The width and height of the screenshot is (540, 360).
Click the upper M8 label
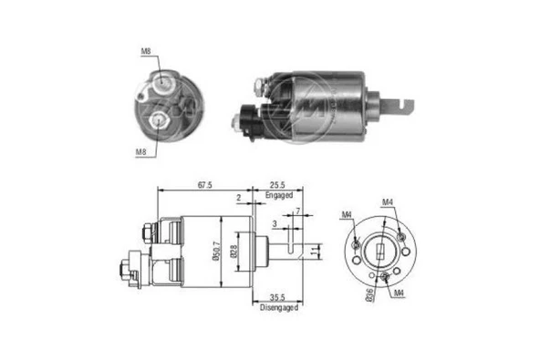coord(146,52)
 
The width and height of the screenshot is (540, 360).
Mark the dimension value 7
coord(298,211)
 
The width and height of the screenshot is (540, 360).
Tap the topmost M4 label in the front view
coord(388,201)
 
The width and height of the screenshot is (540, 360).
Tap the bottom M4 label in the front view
coord(400,293)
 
